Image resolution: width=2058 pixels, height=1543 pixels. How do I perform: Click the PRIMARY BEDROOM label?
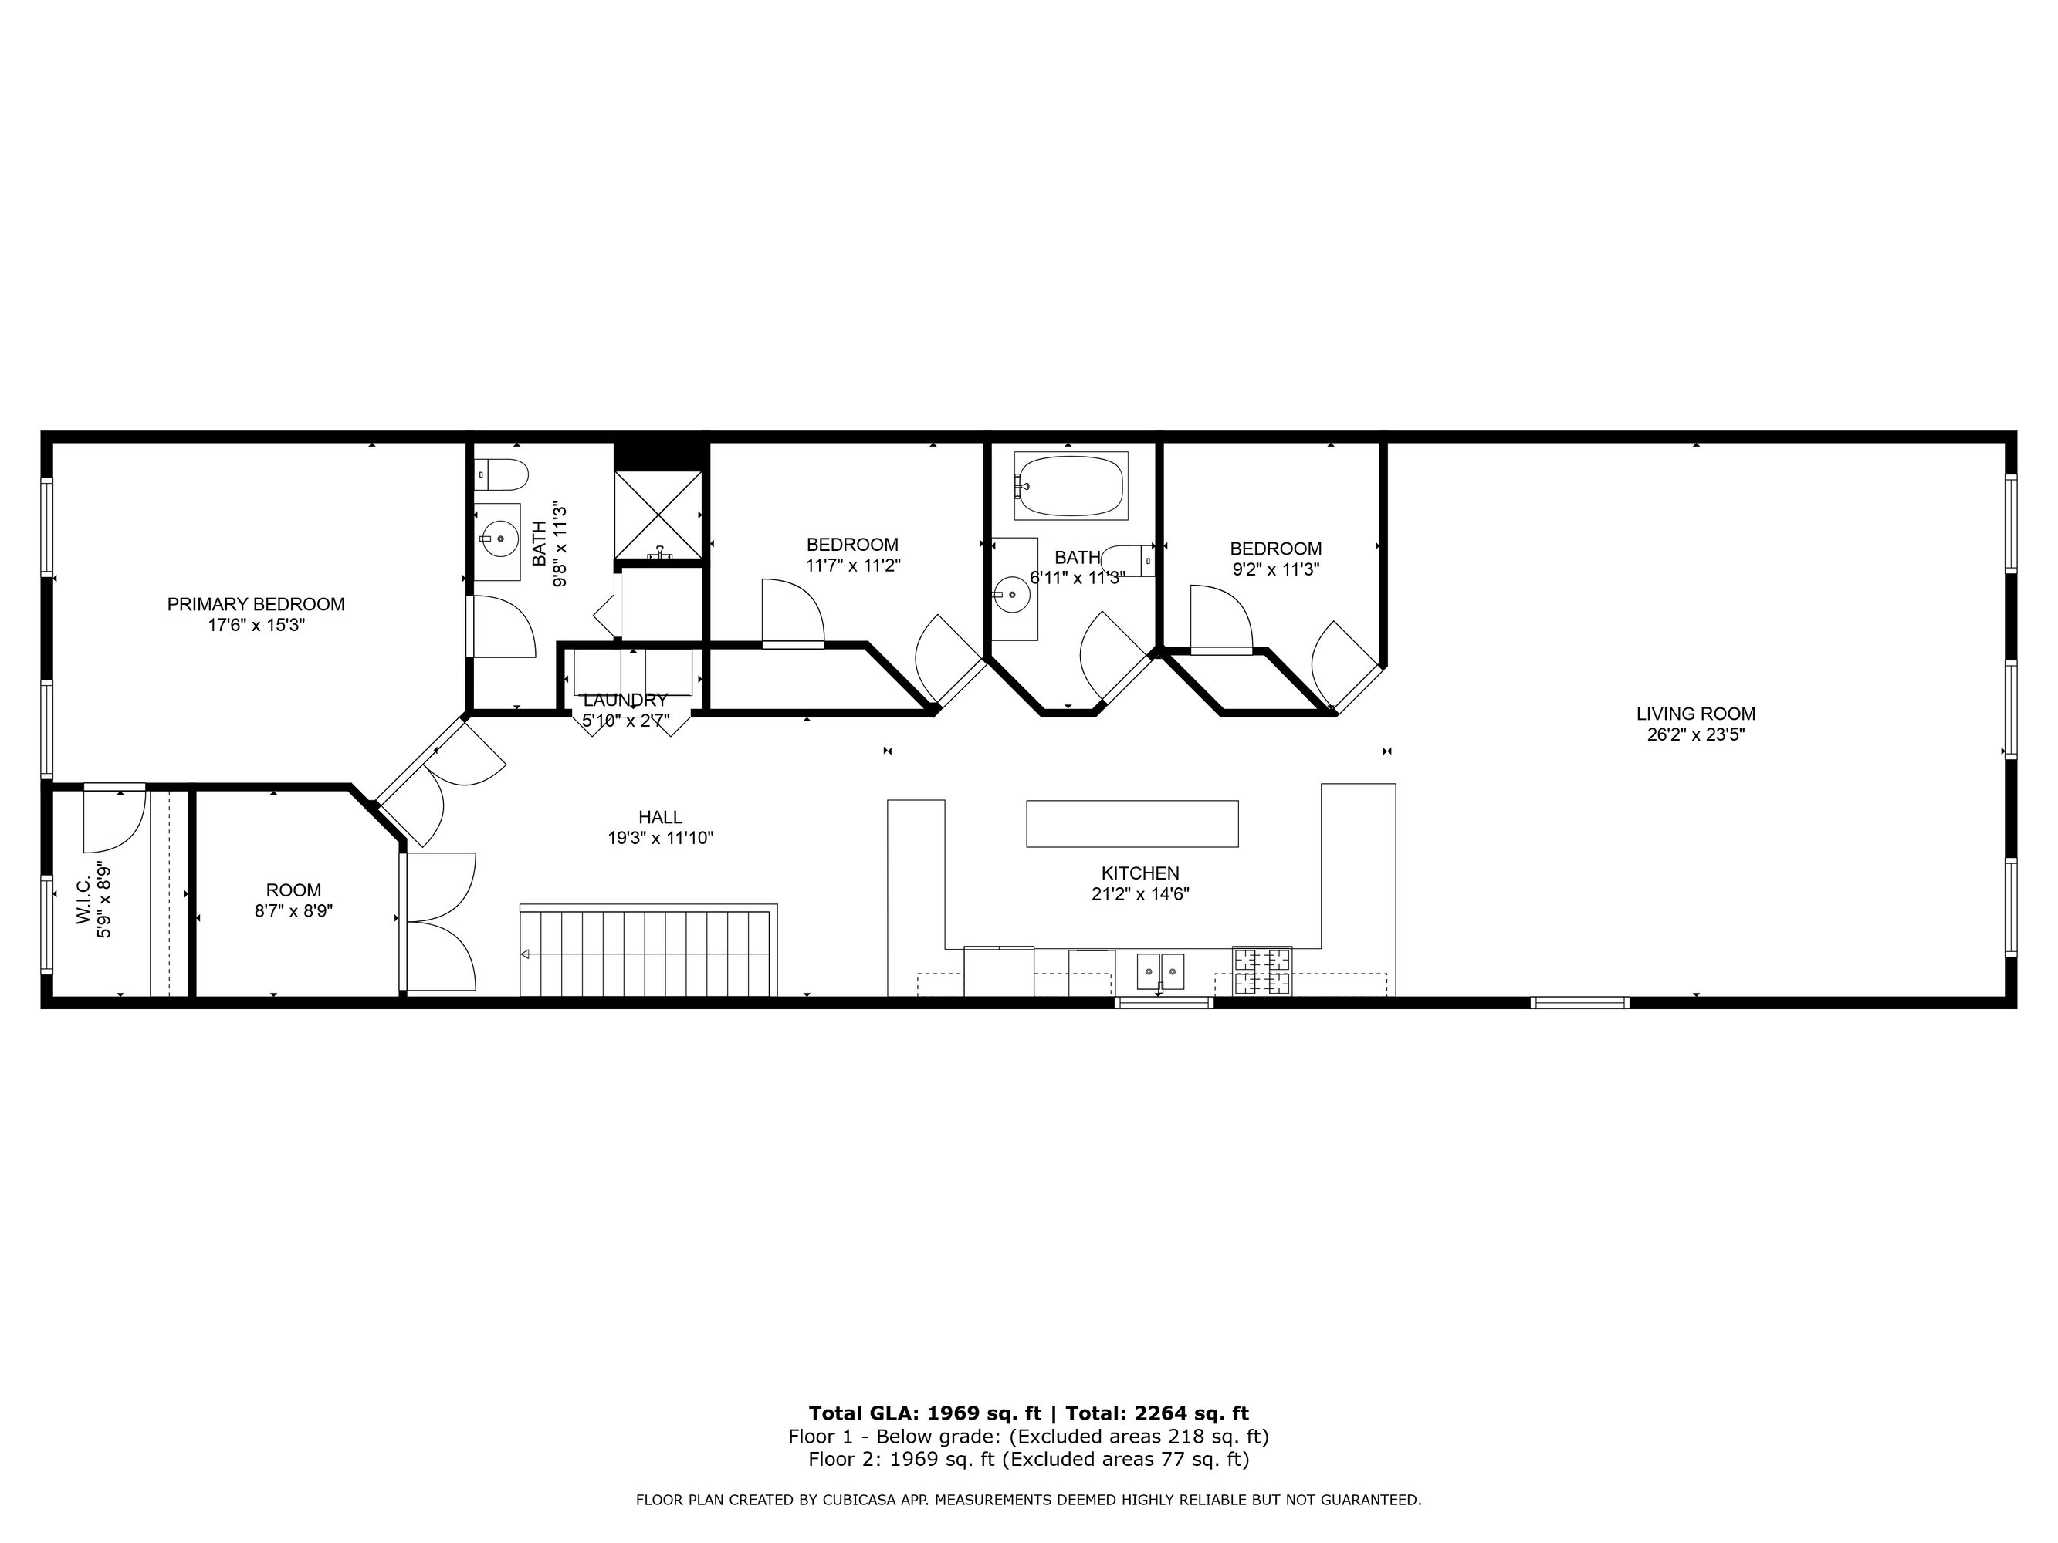click(256, 605)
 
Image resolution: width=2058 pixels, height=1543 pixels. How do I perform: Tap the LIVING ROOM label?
click(1695, 714)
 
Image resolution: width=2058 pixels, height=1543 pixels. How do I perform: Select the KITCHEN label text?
click(1139, 873)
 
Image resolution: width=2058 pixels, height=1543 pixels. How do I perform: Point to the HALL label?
click(661, 818)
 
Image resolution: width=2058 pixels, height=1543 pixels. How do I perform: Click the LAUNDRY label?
click(625, 701)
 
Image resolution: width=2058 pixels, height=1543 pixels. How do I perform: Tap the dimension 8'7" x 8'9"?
click(294, 911)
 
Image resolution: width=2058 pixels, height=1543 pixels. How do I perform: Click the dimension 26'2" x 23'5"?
click(1695, 734)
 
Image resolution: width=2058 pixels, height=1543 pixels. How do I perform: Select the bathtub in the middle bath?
click(1071, 485)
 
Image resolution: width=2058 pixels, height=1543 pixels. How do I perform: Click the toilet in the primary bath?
click(502, 474)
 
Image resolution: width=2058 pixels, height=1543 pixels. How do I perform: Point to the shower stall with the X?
click(658, 515)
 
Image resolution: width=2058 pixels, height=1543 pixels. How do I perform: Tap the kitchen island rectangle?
click(1132, 824)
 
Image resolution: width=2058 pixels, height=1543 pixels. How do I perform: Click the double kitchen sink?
click(1160, 972)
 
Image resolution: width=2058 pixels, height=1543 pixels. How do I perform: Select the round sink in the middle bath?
click(1011, 593)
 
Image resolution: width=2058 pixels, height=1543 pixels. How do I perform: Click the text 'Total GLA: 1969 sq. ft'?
click(925, 1413)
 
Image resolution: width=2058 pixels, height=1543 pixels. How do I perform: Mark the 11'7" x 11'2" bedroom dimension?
click(853, 565)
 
